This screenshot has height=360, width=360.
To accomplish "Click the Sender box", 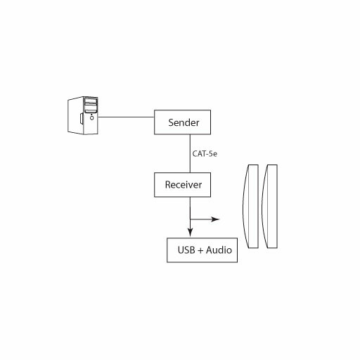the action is click(182, 122).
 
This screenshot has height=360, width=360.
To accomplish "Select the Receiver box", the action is click(182, 185).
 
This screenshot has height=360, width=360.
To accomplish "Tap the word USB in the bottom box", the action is click(186, 250).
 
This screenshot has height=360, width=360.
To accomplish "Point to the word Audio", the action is click(219, 250).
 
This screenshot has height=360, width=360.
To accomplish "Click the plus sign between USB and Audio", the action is click(200, 250).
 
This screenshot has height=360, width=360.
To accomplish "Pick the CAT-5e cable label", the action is click(205, 154).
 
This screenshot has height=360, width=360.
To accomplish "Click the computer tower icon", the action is click(83, 115).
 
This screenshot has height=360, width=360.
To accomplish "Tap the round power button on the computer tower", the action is click(91, 118).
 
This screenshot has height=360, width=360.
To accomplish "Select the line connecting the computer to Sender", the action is click(126, 117).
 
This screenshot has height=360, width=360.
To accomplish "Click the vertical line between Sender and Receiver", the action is click(190, 153).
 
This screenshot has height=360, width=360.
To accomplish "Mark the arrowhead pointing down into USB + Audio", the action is click(191, 232).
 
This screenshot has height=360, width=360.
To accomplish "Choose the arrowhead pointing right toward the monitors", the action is click(215, 219).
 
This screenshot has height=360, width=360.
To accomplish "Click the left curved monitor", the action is click(250, 206).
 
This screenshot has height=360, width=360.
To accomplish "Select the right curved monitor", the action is click(269, 206).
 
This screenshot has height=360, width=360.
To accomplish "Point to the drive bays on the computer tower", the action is click(91, 105).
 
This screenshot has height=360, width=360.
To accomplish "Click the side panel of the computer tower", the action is click(75, 115).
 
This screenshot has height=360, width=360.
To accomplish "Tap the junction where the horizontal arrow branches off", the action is click(190, 219).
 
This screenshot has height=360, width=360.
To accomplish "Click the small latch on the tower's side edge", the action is click(82, 118).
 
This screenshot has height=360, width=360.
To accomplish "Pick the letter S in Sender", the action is click(171, 122).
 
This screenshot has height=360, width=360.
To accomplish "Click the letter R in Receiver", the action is click(168, 185).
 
